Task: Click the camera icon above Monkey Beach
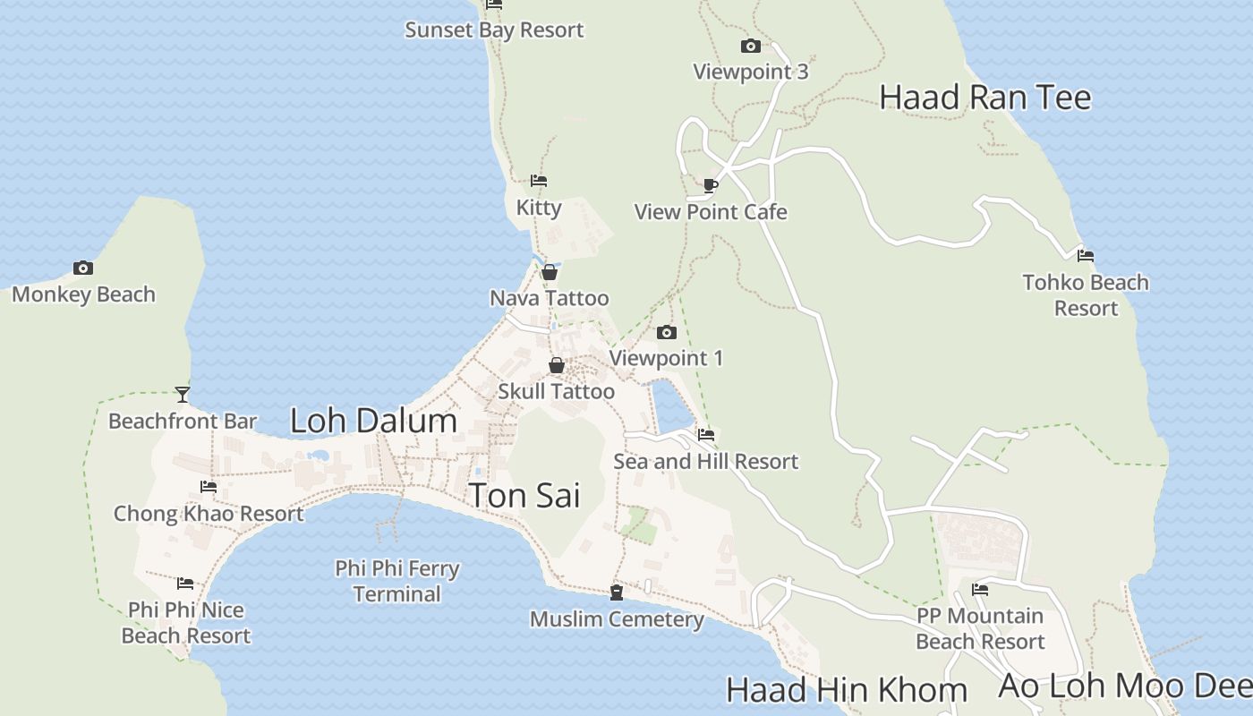(82, 268)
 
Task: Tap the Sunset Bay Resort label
(494, 30)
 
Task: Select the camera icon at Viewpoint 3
(750, 46)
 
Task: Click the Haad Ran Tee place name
(984, 98)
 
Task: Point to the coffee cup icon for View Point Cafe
(710, 185)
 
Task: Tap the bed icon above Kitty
(538, 181)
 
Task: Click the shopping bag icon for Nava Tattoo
(550, 272)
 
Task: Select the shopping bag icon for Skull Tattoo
(556, 365)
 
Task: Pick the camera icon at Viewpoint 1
(666, 332)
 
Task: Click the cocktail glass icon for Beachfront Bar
(183, 394)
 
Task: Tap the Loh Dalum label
(373, 421)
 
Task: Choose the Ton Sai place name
(524, 495)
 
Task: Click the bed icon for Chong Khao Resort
(209, 487)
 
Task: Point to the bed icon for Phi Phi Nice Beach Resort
(185, 584)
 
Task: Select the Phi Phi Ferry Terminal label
(397, 581)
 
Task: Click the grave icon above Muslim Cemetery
(616, 592)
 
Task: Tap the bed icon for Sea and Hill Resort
(705, 435)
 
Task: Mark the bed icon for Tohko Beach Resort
(1085, 256)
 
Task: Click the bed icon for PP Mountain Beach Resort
(980, 590)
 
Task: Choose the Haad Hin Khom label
(846, 690)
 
